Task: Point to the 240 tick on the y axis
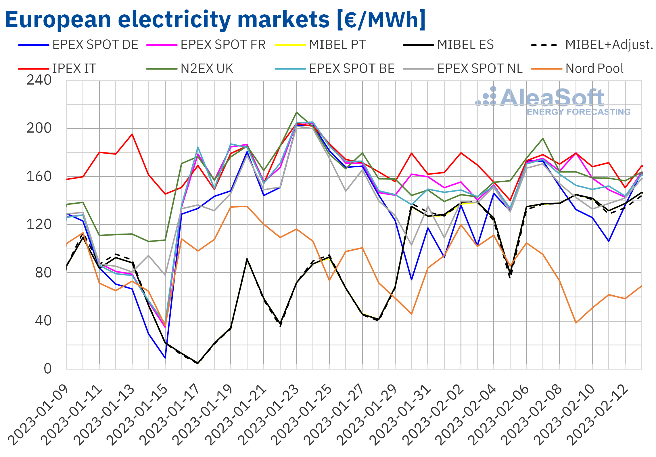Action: coord(39,80)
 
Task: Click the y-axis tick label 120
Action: coord(39,225)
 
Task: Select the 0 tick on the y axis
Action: coord(47,369)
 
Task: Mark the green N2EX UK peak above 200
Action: coord(297,112)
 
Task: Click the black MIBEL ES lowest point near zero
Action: coord(198,363)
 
